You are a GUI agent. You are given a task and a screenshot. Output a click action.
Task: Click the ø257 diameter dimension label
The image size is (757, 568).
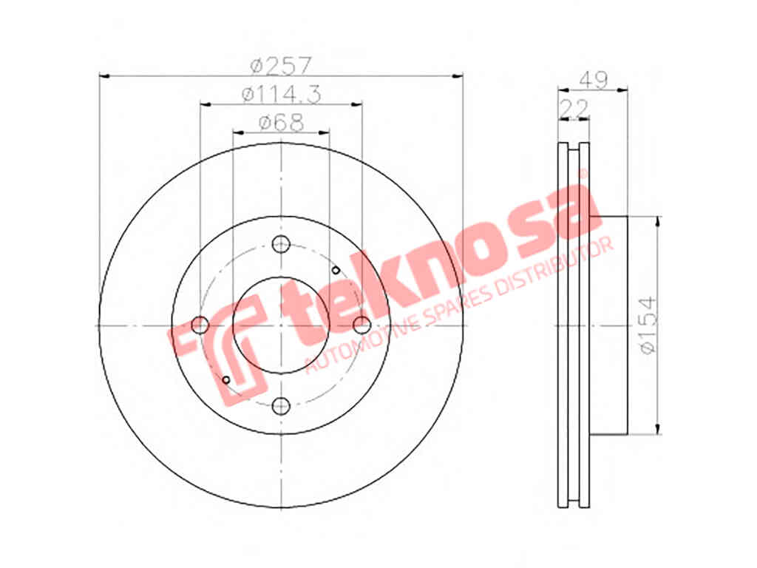282,65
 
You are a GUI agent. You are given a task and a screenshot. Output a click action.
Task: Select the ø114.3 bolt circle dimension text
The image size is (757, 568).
282,94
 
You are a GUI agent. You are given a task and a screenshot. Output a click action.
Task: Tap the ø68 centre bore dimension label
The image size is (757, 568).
282,122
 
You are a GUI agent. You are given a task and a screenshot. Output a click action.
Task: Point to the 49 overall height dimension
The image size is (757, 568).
594,80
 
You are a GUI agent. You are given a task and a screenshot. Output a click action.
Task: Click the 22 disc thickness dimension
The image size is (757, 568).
574,108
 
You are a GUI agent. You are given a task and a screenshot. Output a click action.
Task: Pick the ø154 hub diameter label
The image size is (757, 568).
648,325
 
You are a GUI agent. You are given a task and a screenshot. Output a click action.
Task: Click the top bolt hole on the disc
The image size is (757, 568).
281,244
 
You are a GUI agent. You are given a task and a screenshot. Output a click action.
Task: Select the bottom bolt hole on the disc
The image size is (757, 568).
281,405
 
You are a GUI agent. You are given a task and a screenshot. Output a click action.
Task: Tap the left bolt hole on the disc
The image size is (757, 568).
200,325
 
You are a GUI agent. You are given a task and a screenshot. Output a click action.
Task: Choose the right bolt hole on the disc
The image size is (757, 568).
362,325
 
